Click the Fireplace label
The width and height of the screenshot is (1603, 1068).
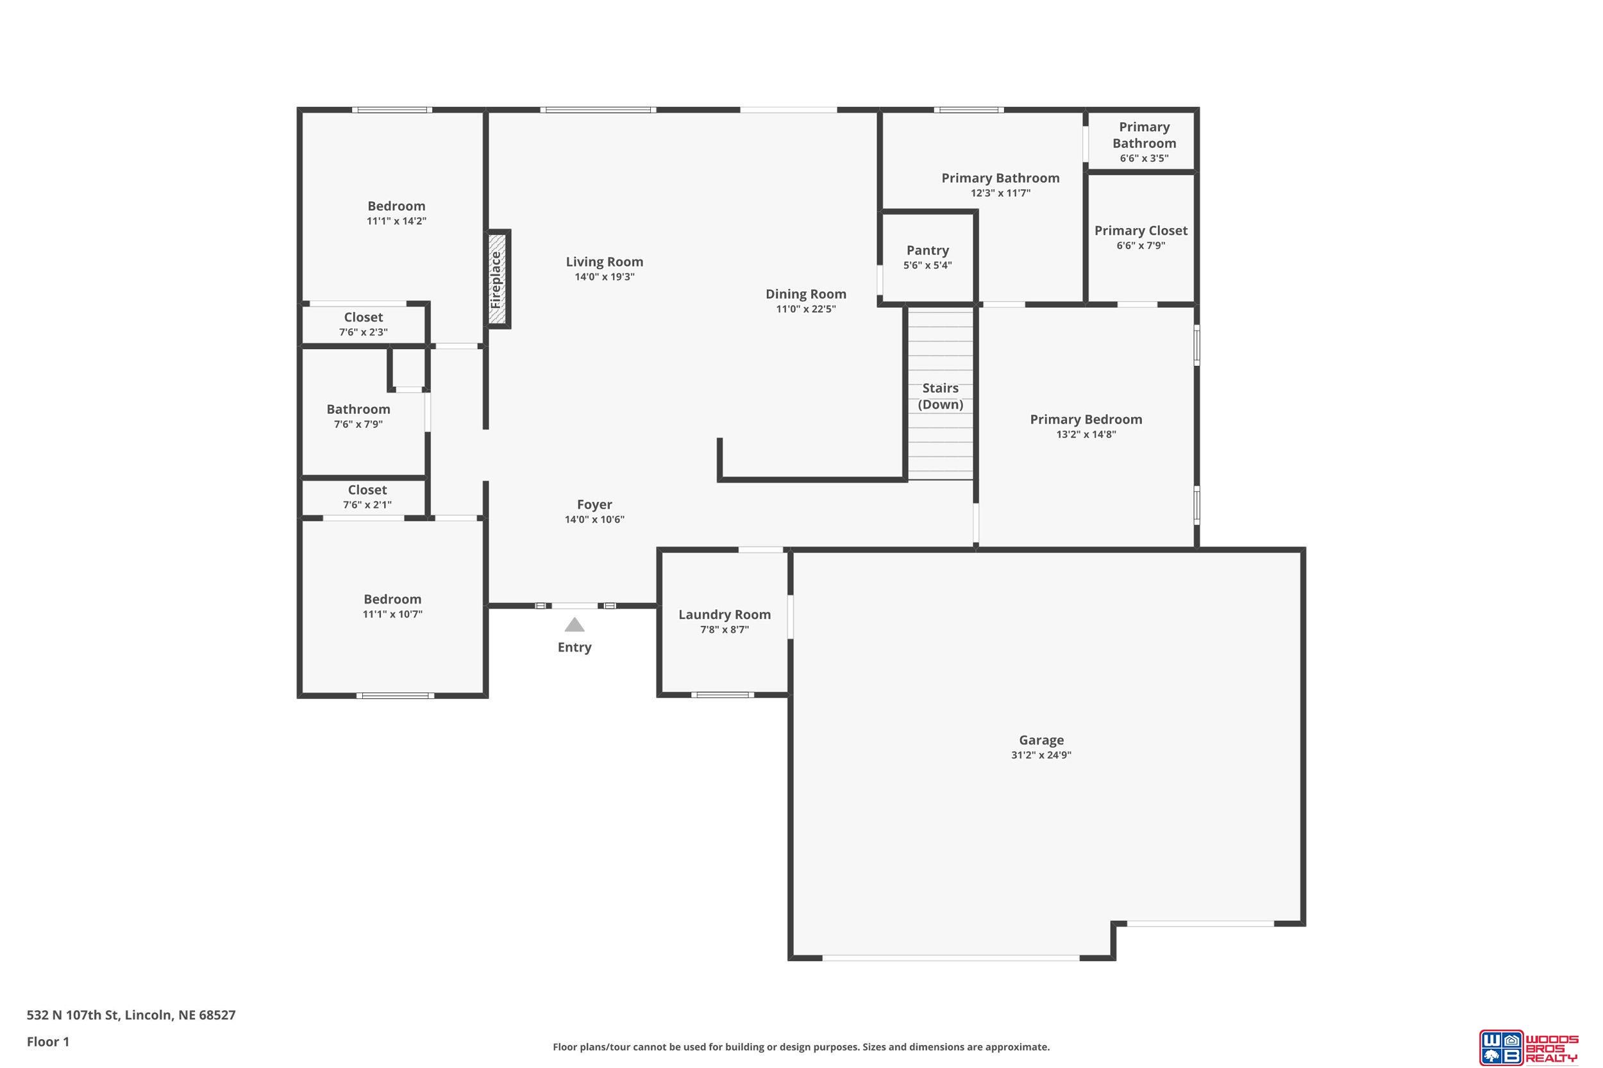tap(496, 280)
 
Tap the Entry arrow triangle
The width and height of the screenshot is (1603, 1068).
tap(575, 625)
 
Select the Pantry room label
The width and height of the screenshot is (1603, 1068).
tap(928, 251)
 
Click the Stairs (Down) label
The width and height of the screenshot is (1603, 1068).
tap(941, 397)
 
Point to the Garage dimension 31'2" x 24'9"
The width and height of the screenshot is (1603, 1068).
tap(1041, 755)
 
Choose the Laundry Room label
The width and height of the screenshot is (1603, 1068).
tap(725, 614)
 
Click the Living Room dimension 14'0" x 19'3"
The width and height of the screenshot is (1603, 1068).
tap(605, 277)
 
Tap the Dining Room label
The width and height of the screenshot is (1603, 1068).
tap(805, 294)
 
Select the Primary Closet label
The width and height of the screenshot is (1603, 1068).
tap(1141, 231)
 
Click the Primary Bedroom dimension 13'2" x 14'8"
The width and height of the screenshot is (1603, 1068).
tap(1086, 434)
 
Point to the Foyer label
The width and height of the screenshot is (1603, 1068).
tap(594, 505)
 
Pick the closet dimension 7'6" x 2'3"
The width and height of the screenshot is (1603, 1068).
tap(364, 333)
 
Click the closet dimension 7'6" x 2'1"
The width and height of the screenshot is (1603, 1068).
tap(367, 505)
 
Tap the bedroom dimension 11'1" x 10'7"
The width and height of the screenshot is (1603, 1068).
tap(392, 614)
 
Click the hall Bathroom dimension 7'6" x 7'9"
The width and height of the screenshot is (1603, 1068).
tap(358, 424)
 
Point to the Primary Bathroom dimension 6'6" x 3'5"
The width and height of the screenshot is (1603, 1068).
tap(1145, 159)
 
